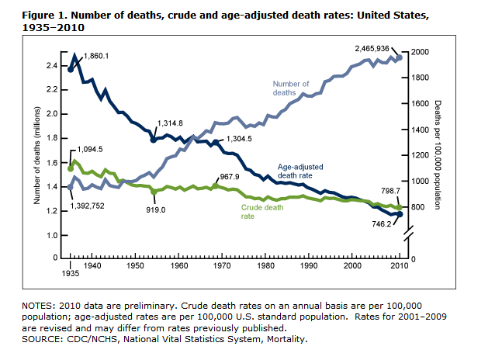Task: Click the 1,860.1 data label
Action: point(96,55)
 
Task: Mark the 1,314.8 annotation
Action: point(169,123)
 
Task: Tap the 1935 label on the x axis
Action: point(70,274)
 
